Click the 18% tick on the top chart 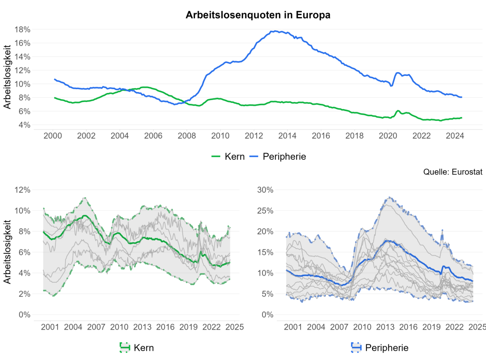tap(23, 29)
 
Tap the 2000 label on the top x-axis tap(53, 137)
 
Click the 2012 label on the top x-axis tap(253, 137)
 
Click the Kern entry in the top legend tap(228, 156)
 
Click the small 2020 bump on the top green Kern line tap(398, 111)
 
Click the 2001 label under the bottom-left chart tap(50, 327)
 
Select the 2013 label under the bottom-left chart tap(142, 327)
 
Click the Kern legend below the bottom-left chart tap(137, 348)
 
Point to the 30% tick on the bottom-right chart tap(266, 190)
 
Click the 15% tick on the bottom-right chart tap(266, 252)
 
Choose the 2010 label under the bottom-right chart tap(362, 327)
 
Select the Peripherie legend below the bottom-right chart tap(380, 348)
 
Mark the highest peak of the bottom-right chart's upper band tap(390, 197)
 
